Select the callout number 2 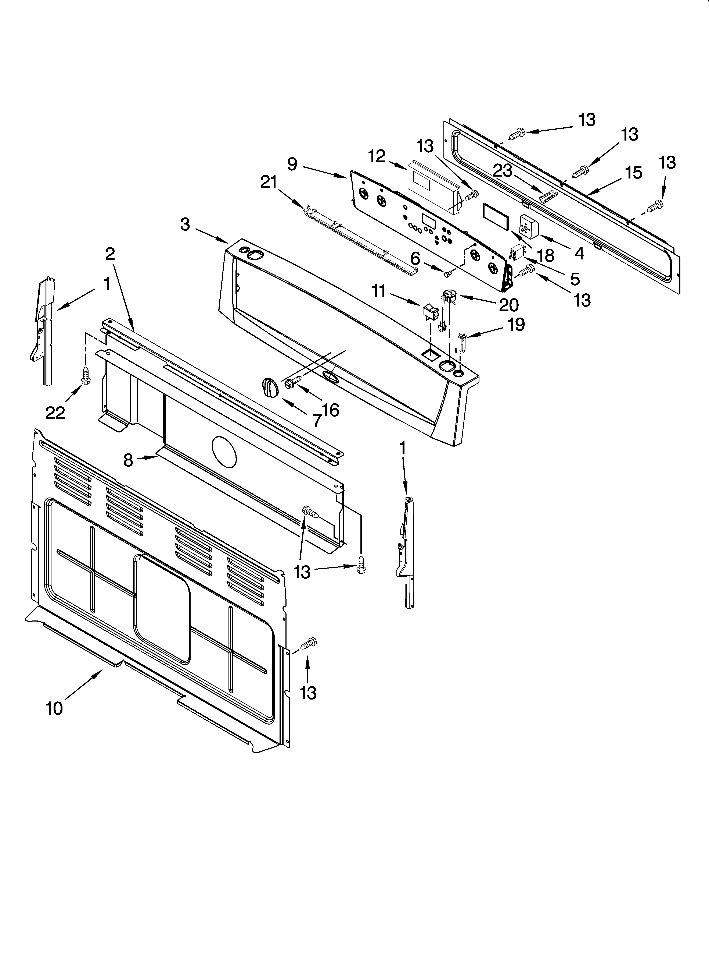[110, 254]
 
